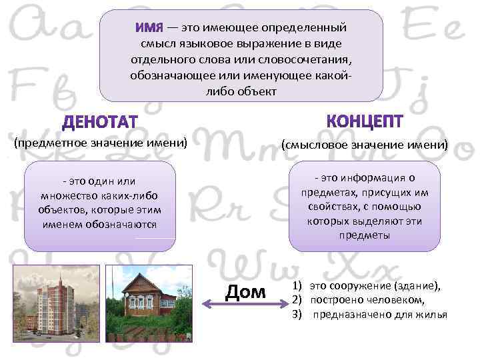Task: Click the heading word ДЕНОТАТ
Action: pos(99,123)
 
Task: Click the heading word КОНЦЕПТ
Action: pos(365,121)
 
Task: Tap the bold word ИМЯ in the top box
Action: pos(149,29)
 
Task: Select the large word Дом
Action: pos(245,292)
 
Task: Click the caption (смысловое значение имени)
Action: pos(365,144)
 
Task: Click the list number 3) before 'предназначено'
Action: pos(298,315)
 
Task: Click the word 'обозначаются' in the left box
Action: pos(125,225)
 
